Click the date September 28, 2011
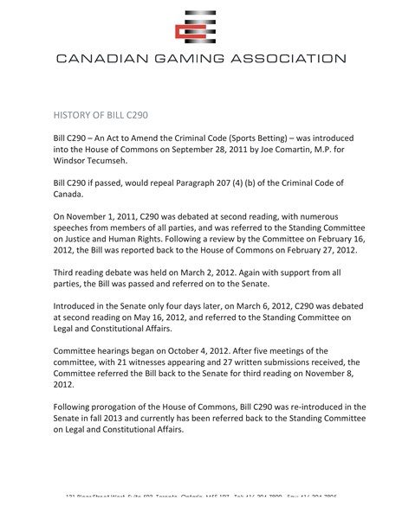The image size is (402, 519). (x=237, y=155)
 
